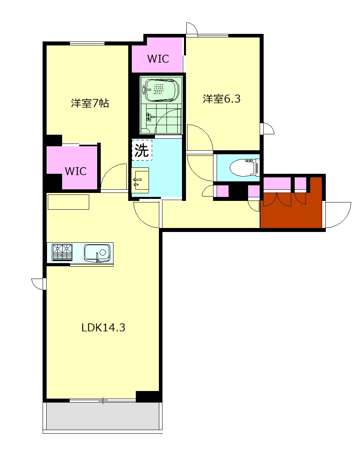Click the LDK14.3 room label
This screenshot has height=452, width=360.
[x=103, y=328]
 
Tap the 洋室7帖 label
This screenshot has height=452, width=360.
[x=90, y=103]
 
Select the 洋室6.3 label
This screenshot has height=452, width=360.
[x=221, y=99]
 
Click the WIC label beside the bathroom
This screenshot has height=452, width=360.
[x=158, y=59]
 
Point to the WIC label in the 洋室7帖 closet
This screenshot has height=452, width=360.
[x=76, y=171]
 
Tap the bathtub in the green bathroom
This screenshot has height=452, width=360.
[x=162, y=90]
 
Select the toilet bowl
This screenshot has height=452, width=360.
[x=244, y=167]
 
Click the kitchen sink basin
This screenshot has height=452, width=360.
[x=97, y=253]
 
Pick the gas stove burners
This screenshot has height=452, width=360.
[x=62, y=253]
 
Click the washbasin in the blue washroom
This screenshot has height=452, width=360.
[x=140, y=181]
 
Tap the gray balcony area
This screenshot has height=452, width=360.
[x=103, y=416]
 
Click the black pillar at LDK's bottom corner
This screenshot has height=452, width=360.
[x=147, y=396]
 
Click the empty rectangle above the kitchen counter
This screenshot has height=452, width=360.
[x=68, y=202]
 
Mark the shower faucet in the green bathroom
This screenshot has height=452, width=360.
[x=149, y=117]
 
